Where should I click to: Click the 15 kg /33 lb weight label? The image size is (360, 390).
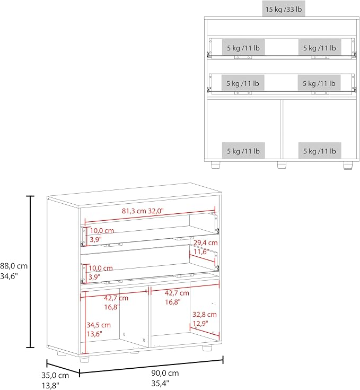point(284,9)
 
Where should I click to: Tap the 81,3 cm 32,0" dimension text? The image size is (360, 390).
point(143,211)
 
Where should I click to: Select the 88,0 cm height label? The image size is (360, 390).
point(14,266)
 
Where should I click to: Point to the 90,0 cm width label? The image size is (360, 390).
point(165,373)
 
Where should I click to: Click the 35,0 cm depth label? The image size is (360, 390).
point(55,375)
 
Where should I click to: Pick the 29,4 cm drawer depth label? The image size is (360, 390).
point(206,242)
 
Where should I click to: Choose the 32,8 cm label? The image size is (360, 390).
point(205,314)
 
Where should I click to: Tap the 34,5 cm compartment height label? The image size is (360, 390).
point(99,325)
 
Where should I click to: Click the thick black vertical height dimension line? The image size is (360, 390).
point(30,272)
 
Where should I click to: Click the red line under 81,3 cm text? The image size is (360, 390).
point(150,214)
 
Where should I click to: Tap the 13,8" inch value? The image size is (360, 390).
point(50,386)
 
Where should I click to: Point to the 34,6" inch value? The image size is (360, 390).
point(9,276)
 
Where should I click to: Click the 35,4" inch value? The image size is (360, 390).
point(160,383)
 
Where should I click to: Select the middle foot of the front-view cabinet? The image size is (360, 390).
point(282,165)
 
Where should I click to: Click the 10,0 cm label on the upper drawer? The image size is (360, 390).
point(102,231)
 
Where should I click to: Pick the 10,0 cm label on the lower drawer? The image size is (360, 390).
point(101,268)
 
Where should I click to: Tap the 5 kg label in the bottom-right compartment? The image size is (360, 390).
point(320,151)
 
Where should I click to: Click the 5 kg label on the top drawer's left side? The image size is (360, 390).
point(243,48)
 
